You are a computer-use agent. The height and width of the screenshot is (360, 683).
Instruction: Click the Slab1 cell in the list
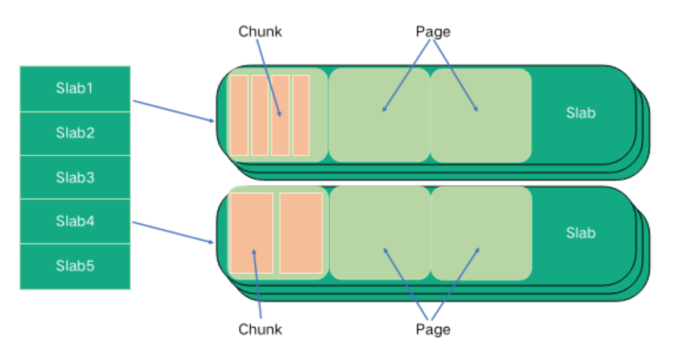point(74,89)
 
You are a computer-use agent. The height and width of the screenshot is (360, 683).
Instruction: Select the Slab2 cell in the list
point(74,133)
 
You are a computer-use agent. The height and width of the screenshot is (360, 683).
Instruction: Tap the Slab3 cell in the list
point(74,177)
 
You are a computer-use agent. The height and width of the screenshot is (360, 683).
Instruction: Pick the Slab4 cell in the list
point(74,221)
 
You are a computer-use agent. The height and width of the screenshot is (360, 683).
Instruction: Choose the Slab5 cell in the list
point(74,266)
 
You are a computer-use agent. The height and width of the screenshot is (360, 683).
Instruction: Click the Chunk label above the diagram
point(260,31)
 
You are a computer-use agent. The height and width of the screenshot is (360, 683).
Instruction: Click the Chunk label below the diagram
point(260,329)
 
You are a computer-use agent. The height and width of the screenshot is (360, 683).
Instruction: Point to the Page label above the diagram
point(433,31)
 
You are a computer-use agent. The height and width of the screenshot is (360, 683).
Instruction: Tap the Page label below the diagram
point(433,329)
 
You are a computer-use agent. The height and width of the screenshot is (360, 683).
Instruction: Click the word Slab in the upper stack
point(581,113)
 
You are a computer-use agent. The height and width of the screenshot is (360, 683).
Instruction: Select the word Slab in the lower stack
point(581,233)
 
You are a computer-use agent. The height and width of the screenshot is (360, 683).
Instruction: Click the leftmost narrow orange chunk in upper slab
point(239,115)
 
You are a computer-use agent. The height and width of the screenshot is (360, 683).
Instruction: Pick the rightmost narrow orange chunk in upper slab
point(301,115)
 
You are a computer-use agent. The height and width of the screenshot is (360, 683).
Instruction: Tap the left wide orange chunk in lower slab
point(251,233)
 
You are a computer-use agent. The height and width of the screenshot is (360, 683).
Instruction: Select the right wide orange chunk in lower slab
point(301,233)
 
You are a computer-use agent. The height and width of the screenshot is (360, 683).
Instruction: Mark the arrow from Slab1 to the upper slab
point(173,111)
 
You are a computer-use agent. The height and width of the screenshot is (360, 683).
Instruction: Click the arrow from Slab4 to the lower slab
point(173,232)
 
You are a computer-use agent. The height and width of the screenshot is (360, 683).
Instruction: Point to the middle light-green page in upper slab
point(379,115)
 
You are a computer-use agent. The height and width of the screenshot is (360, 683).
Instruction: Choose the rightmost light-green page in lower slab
point(481,233)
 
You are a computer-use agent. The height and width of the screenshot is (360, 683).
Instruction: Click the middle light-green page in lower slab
point(380,233)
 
